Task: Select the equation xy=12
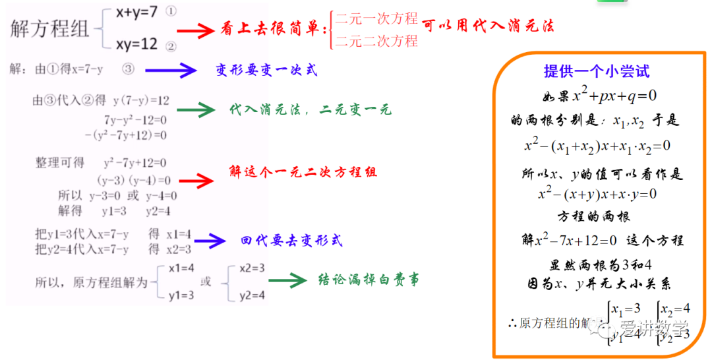136,44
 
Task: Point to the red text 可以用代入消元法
488,26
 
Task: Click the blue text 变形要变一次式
266,69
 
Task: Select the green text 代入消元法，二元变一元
310,109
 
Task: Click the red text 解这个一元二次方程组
303,172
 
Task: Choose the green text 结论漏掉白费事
369,280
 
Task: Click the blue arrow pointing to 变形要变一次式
171,70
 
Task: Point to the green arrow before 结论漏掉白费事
288,280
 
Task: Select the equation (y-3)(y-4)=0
134,179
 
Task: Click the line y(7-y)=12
141,100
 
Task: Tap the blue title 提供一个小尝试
597,72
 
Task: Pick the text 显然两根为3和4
601,265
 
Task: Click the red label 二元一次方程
376,18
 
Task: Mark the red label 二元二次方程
376,41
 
